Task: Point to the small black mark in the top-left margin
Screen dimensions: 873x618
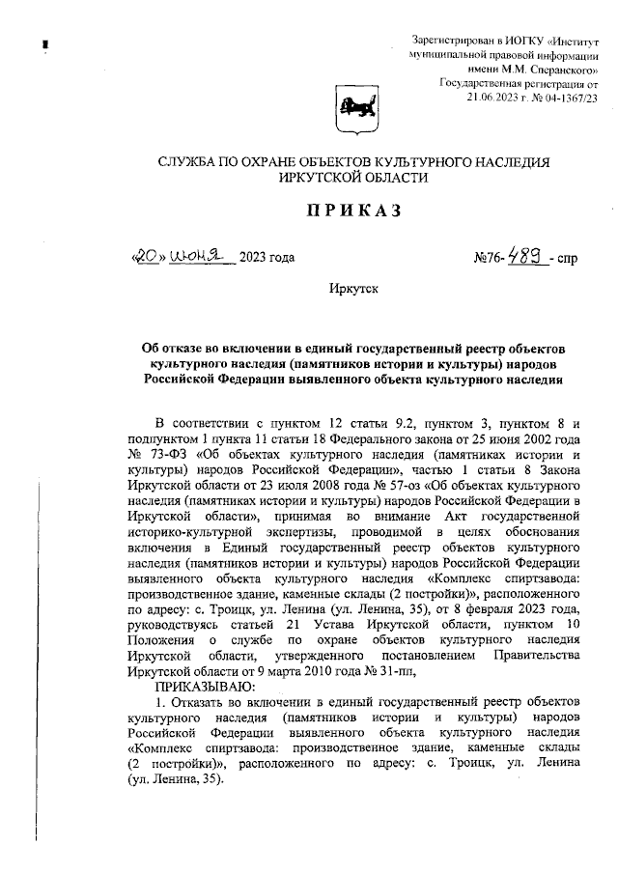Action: click(x=44, y=43)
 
